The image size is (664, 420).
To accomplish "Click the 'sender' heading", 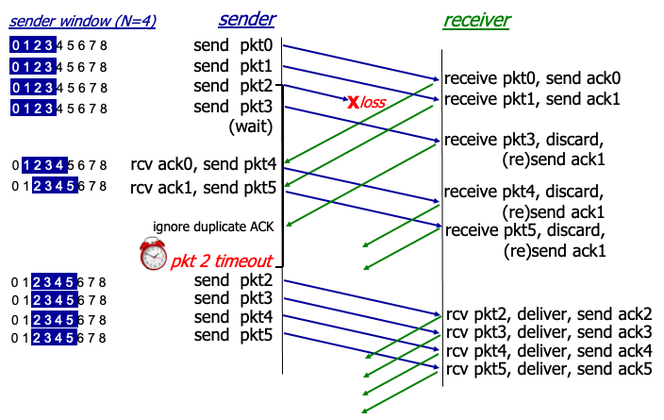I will click(x=247, y=19).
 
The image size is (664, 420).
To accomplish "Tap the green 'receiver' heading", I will click(x=476, y=20).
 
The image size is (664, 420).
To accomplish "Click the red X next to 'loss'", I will click(x=353, y=102).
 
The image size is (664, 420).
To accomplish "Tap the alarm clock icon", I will click(x=153, y=255).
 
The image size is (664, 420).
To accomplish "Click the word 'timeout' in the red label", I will click(x=243, y=261).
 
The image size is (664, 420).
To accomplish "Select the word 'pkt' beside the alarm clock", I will click(x=184, y=261).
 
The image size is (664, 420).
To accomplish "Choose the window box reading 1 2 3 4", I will click(x=44, y=165).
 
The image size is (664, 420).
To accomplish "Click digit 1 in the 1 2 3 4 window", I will click(x=27, y=165).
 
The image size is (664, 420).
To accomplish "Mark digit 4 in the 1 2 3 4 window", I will click(x=60, y=165).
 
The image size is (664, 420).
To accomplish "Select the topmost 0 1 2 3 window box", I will click(x=33, y=44).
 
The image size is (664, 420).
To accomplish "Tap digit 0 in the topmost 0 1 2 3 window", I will click(x=15, y=44).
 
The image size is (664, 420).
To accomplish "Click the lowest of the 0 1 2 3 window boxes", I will click(x=33, y=109).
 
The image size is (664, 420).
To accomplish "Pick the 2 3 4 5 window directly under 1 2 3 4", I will click(x=54, y=186).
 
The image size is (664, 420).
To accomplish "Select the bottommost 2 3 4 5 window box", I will click(x=54, y=338).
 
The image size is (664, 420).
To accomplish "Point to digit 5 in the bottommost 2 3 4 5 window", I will click(x=71, y=338).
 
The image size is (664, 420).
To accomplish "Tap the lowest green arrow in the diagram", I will click(x=400, y=392).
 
